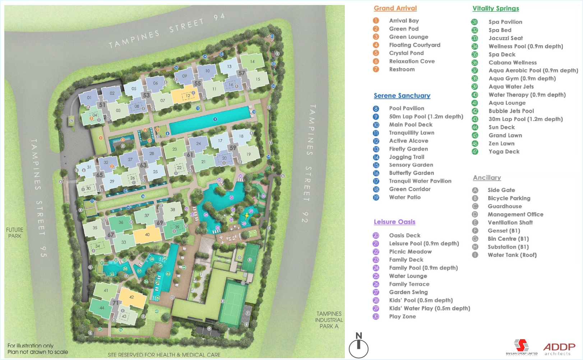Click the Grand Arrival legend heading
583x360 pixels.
395,8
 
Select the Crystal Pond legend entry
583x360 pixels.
406,53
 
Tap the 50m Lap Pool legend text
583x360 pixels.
426,117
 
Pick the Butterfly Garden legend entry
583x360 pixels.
411,173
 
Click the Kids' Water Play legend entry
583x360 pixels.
429,308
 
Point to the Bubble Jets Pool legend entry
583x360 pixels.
511,111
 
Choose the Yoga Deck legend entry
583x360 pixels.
504,151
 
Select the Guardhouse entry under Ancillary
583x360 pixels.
504,206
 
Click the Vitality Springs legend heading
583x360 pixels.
495,8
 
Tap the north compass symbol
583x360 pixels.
358,346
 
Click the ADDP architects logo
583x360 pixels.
559,348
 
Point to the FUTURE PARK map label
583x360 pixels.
15,233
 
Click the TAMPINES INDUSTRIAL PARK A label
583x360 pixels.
329,320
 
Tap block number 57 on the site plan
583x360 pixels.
242,73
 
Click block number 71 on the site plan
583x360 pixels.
115,303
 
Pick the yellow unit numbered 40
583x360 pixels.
147,235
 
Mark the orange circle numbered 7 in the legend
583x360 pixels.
376,69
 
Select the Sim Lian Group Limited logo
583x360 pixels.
522,347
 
